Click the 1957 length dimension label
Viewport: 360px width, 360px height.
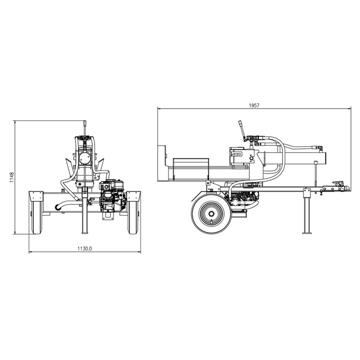click(x=254, y=105)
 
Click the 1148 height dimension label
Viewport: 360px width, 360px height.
click(x=12, y=177)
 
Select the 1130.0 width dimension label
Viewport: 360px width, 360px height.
click(x=85, y=248)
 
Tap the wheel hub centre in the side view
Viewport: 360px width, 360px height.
click(x=211, y=214)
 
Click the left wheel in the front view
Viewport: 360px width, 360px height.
click(x=37, y=217)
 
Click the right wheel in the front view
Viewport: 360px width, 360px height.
click(x=133, y=217)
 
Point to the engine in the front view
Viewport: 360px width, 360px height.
click(x=112, y=196)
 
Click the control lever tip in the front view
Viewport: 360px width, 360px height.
click(x=85, y=122)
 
